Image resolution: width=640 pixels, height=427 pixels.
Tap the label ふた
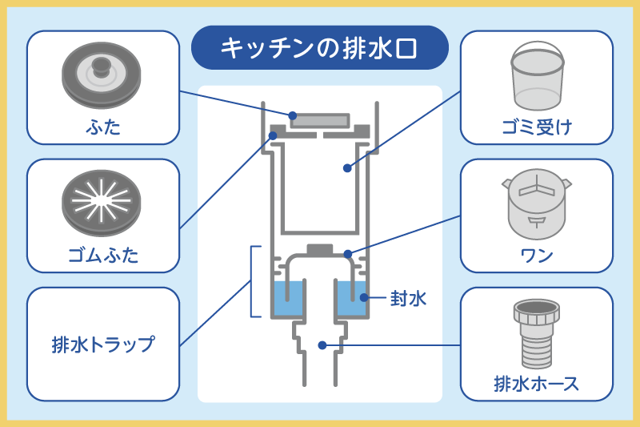pos(102,126)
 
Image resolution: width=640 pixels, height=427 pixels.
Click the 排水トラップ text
pos(102,345)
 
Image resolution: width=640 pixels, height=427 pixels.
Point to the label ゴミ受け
pos(537,127)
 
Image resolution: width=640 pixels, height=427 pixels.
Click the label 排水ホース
pos(537,384)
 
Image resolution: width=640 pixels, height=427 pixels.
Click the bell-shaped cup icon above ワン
pos(537,205)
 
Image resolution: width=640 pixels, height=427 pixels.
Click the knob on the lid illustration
pos(101,66)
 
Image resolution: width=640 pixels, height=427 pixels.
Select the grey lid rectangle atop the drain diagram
pos(319,121)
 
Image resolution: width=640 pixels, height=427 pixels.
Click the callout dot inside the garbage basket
pos(347,168)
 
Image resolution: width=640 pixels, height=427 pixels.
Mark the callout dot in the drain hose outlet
pos(322,345)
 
